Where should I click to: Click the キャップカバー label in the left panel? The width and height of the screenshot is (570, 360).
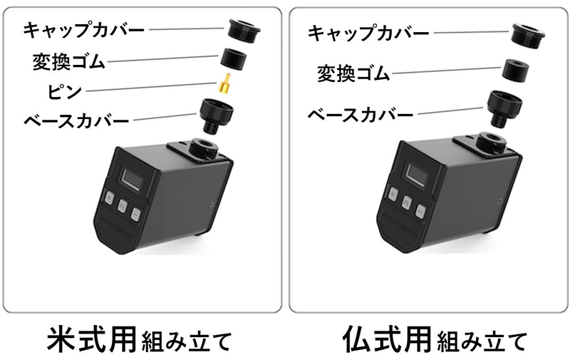pyautogui.click(x=84, y=30)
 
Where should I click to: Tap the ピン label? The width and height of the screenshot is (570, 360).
pyautogui.click(x=63, y=91)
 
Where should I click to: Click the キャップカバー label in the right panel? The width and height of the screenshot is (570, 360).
pyautogui.click(x=368, y=33)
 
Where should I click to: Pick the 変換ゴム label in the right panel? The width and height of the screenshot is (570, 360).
pyautogui.click(x=353, y=73)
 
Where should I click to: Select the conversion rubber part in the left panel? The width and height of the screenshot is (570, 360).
pyautogui.click(x=234, y=58)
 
